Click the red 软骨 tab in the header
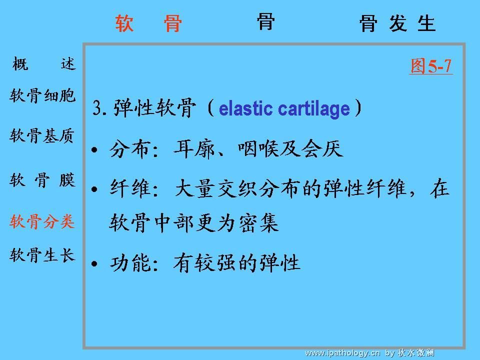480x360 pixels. click(x=149, y=23)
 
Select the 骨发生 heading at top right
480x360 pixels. click(x=397, y=23)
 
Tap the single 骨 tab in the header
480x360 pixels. click(x=265, y=21)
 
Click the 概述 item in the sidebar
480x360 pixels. click(x=44, y=64)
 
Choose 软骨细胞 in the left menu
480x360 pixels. click(x=42, y=96)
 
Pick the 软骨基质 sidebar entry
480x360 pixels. click(x=42, y=135)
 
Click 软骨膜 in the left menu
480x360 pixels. click(x=42, y=180)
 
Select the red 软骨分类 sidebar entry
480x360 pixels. click(x=42, y=221)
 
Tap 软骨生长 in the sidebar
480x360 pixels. click(x=42, y=254)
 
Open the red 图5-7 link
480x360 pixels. click(x=431, y=66)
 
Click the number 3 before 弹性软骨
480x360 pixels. click(x=97, y=108)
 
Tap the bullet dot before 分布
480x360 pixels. click(x=94, y=150)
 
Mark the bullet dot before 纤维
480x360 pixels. click(x=94, y=189)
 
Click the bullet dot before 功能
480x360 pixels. click(x=94, y=263)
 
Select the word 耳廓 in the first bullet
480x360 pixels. click(x=194, y=149)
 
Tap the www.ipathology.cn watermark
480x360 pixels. click(x=342, y=353)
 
